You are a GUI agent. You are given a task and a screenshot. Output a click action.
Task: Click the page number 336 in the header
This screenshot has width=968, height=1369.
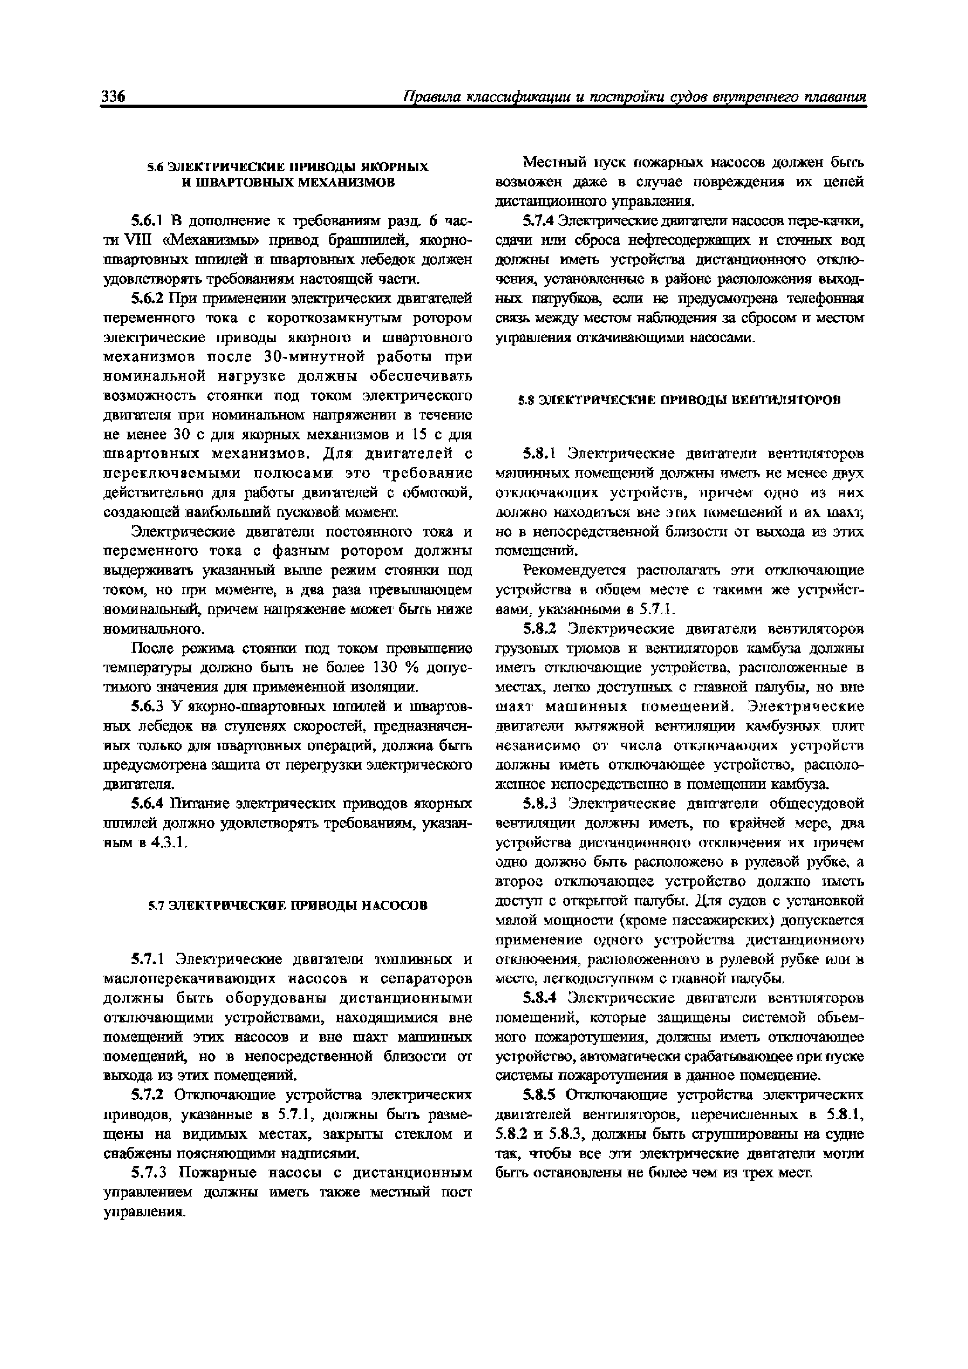pos(113,97)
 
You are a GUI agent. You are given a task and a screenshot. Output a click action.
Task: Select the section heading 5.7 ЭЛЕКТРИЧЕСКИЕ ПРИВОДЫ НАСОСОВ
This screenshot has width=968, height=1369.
pos(288,906)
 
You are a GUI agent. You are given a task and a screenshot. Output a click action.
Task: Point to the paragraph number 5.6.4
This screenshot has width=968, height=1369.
pos(148,804)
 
